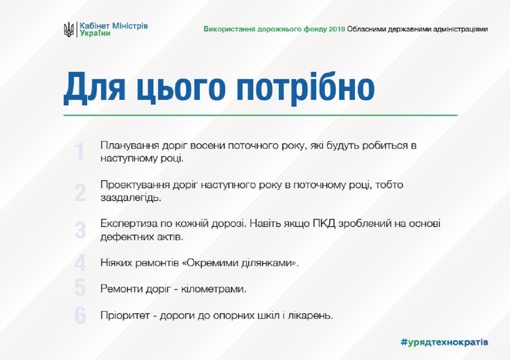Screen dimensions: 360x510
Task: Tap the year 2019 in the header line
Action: click(x=337, y=29)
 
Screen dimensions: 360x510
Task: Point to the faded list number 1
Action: click(x=80, y=152)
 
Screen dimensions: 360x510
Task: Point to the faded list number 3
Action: click(x=80, y=231)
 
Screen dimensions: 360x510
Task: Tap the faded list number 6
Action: click(x=80, y=316)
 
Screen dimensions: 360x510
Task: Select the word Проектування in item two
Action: click(x=136, y=185)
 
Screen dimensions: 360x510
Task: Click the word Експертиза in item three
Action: click(x=125, y=224)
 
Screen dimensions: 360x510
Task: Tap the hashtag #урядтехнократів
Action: click(x=444, y=342)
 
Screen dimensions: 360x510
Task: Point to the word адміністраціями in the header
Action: click(x=462, y=29)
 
